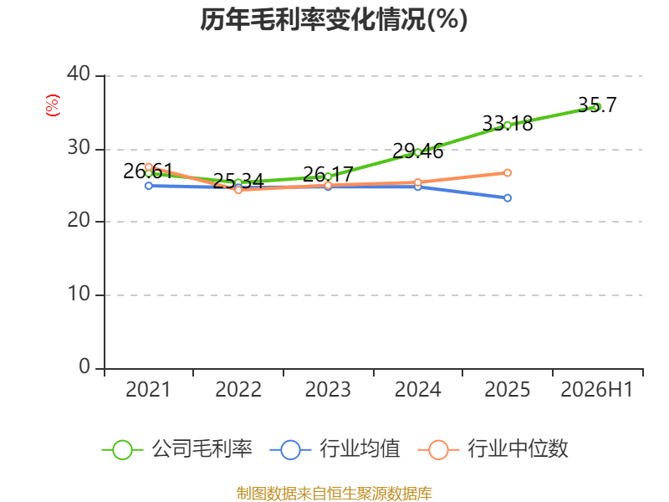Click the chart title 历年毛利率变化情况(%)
334,19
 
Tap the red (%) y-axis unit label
53,105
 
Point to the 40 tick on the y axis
79,74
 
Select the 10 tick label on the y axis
79,294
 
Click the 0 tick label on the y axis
84,366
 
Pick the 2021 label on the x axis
148,389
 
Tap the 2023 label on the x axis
328,389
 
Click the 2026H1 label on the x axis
596,389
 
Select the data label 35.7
597,105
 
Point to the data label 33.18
508,124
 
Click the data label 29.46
417,151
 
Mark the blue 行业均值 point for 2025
508,198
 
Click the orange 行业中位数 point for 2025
508,173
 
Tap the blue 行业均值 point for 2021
149,186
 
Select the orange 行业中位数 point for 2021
149,166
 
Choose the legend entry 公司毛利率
177,449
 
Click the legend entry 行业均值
335,449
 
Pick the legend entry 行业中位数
493,449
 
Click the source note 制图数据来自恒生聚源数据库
334,494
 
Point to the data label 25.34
238,181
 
